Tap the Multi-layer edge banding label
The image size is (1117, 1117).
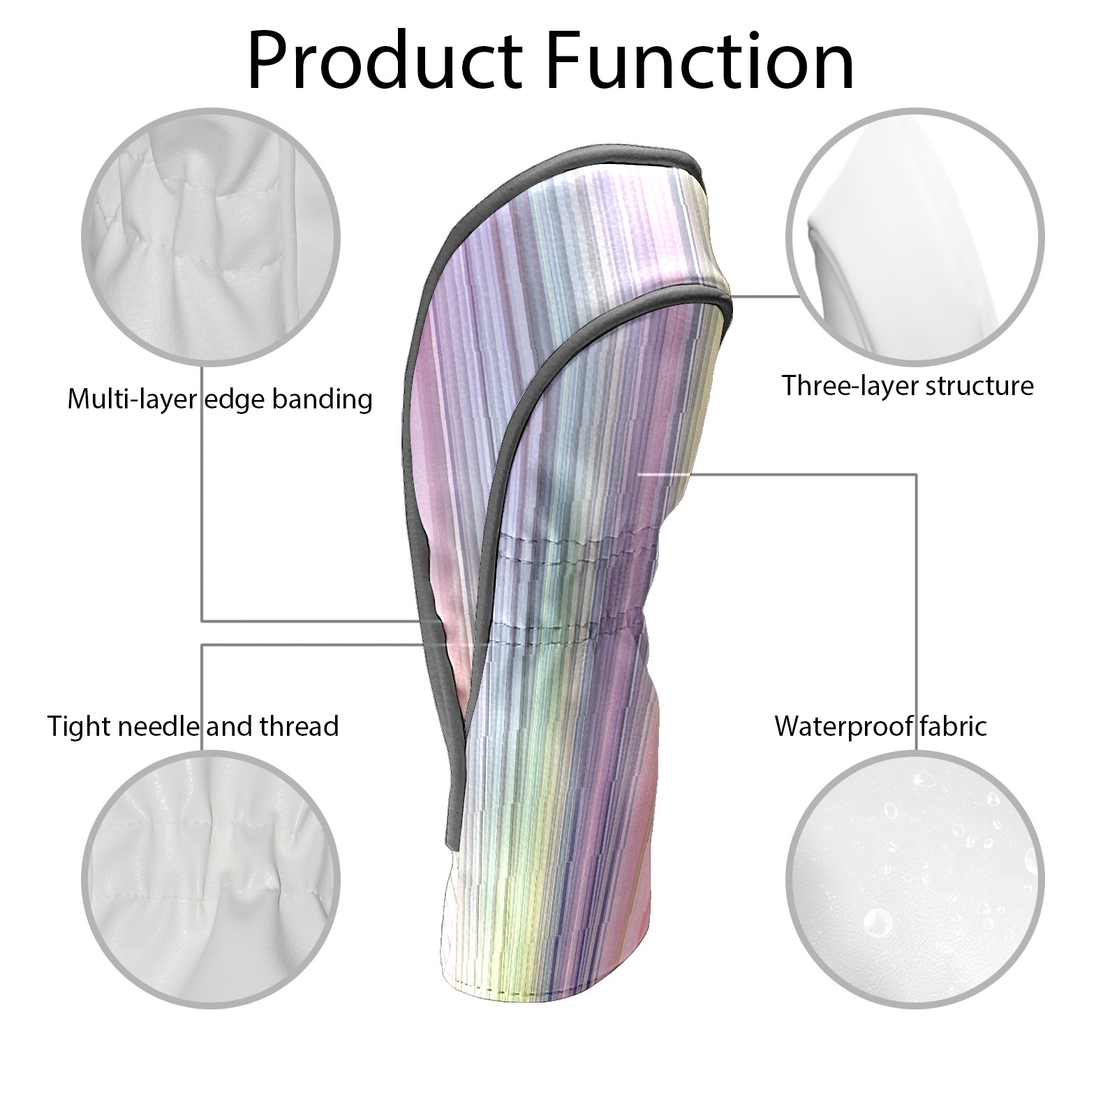219,399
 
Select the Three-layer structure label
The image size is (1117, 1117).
907,385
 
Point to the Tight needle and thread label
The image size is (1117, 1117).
193,726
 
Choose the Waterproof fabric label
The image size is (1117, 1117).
880,726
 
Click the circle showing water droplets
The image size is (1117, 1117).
915,880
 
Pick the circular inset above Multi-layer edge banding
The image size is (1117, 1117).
212,237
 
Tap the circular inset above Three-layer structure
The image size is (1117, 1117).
915,237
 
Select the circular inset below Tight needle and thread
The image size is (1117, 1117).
212,880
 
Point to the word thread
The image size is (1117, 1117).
299,726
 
